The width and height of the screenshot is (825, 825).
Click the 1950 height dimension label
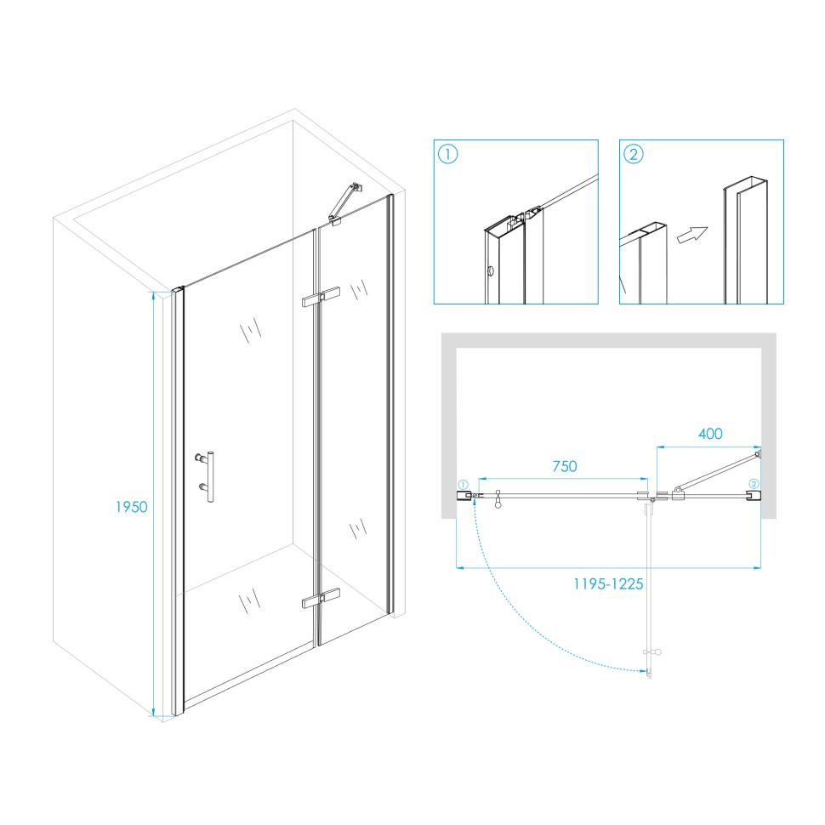[132, 507]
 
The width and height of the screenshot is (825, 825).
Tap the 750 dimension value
[565, 466]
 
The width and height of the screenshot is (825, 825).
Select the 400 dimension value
[710, 434]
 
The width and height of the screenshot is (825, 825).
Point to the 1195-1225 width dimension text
[608, 584]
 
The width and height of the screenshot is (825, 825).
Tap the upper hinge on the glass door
[321, 297]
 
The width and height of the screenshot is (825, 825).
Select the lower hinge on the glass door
[321, 598]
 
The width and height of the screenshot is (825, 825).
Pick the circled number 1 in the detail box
[447, 154]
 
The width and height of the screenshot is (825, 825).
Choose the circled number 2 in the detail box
[634, 154]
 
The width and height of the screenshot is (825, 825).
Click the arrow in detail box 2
[692, 235]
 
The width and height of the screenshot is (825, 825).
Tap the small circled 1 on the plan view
[463, 485]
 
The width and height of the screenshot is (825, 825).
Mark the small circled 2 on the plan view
[754, 484]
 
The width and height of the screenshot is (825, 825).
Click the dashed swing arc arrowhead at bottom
[643, 671]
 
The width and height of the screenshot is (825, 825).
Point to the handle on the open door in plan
[653, 652]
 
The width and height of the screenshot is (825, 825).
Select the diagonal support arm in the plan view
[718, 471]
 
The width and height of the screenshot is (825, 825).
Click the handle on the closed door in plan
[498, 500]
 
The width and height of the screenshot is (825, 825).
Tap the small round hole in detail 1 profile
[491, 271]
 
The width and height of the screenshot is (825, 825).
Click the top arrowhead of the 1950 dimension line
[153, 296]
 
